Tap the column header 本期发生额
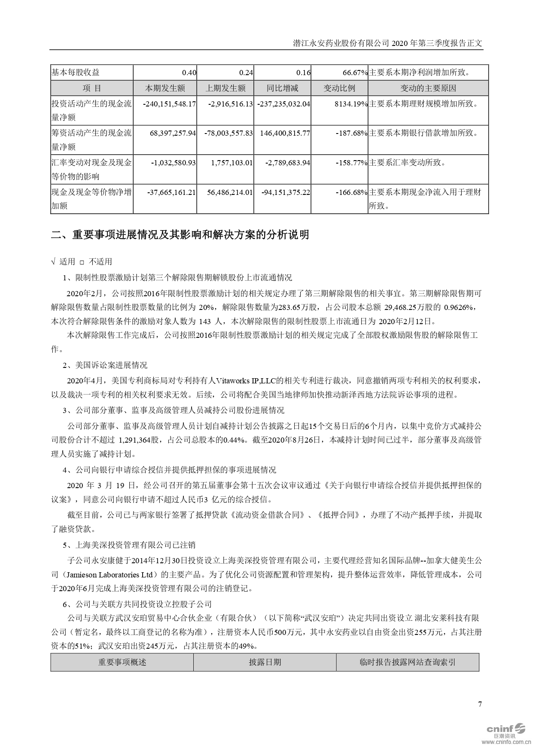(165, 88)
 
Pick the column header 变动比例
(339, 88)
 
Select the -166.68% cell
(352, 192)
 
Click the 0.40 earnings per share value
(189, 73)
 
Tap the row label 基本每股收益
(76, 73)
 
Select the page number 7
(480, 704)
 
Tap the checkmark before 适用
(53, 261)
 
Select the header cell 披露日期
(265, 662)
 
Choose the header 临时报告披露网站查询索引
(407, 662)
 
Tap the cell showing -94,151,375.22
(286, 192)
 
